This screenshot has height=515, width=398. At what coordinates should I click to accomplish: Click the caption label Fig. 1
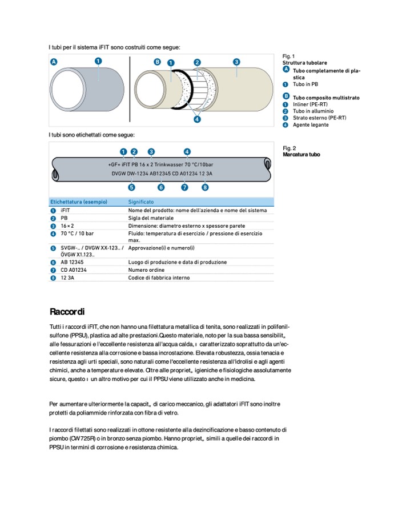pos(289,56)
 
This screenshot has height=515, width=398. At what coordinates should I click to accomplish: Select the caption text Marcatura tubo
pos(301,154)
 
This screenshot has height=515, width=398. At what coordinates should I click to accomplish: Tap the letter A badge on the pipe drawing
pos(54,61)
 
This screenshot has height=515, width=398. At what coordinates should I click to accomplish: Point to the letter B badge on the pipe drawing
pos(158,61)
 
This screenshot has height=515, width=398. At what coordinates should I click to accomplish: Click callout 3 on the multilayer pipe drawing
pos(236,62)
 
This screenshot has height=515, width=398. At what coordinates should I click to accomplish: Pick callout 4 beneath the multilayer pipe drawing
pos(197,119)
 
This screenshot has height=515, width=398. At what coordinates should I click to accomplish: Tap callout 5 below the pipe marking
pos(132,187)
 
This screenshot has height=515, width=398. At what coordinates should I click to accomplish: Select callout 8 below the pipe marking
pos(205,187)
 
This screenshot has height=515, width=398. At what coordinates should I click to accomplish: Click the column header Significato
pos(140,202)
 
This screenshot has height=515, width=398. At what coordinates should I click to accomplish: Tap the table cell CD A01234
pos(74,270)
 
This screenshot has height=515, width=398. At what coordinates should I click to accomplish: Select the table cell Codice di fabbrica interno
pos(159,277)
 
